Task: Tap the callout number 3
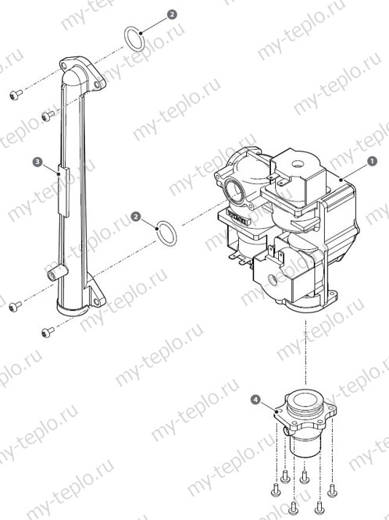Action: [x=37, y=162]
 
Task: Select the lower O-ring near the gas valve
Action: [x=166, y=231]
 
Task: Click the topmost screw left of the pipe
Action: [x=14, y=94]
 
